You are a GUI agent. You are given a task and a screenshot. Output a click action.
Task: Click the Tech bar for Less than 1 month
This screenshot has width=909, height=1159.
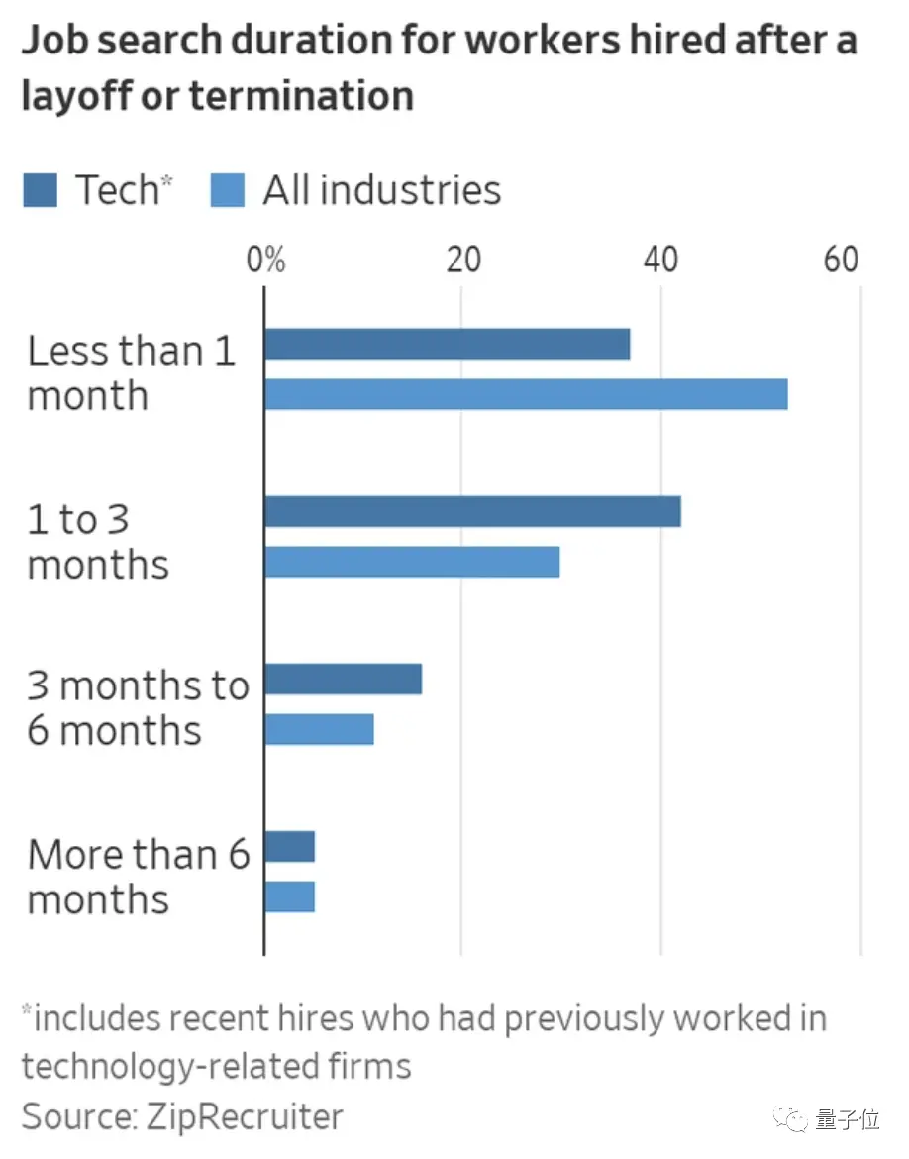click(x=447, y=344)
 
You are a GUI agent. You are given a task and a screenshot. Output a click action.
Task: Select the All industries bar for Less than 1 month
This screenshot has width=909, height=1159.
click(x=526, y=394)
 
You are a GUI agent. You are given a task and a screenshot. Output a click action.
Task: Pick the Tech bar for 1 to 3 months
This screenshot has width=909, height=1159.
click(x=472, y=512)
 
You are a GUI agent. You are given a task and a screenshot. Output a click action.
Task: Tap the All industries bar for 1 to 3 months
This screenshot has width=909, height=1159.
click(x=412, y=562)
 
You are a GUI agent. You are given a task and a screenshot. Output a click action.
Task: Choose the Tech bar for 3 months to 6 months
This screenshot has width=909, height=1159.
click(x=343, y=680)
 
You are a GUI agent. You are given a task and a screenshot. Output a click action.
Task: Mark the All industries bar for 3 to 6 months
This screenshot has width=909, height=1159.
click(x=319, y=729)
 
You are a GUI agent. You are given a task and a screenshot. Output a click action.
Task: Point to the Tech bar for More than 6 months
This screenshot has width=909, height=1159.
click(x=289, y=847)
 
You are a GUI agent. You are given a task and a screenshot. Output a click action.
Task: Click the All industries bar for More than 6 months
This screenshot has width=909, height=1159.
click(x=289, y=896)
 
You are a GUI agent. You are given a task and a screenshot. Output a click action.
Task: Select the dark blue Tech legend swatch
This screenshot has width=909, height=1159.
click(x=41, y=189)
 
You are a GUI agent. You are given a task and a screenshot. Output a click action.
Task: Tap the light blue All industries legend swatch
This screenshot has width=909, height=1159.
click(x=227, y=189)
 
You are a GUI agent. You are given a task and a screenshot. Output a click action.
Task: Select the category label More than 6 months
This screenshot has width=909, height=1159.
click(x=139, y=876)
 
